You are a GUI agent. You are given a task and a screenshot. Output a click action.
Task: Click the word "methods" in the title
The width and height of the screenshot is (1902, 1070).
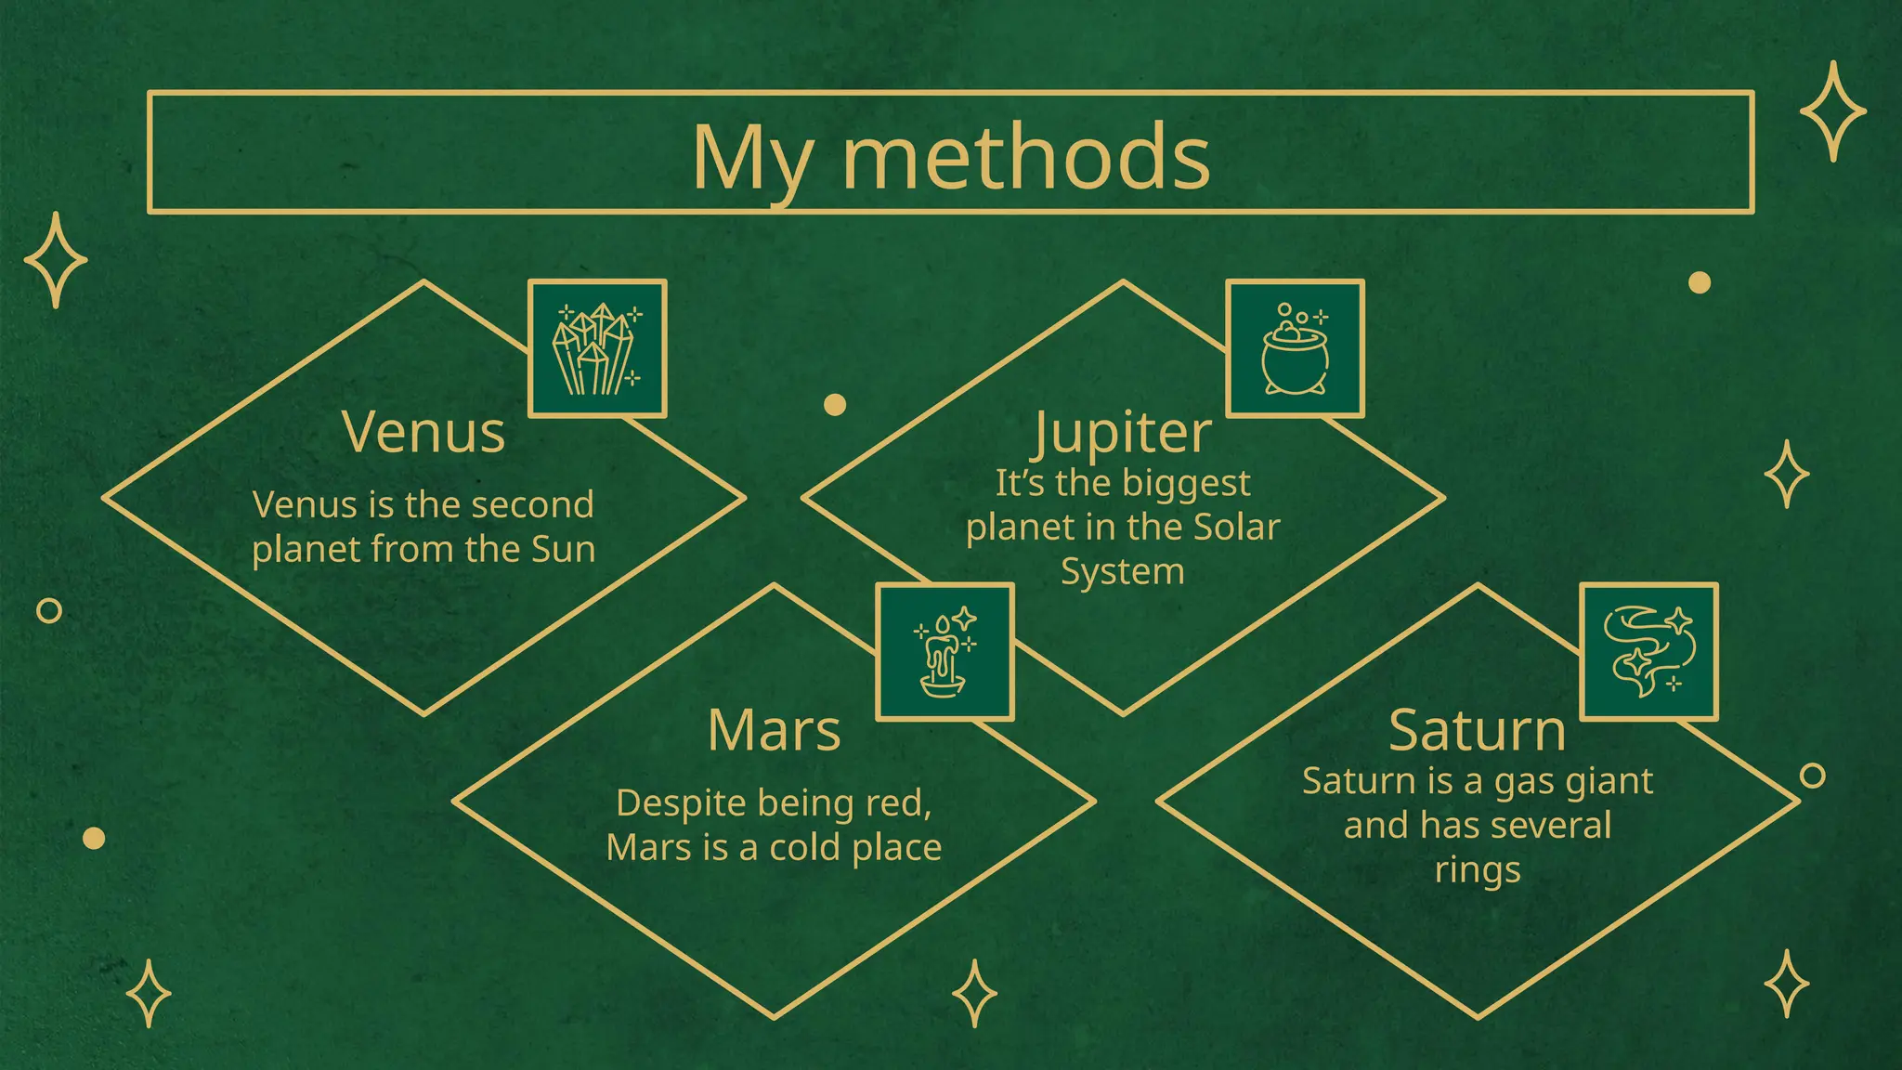click(x=1026, y=158)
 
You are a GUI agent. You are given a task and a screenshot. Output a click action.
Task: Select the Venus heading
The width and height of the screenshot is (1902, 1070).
click(x=423, y=432)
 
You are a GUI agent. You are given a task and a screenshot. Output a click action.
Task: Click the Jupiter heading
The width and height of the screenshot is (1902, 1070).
click(x=1123, y=432)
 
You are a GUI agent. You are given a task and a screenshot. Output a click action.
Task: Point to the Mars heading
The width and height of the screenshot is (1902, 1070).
click(x=774, y=730)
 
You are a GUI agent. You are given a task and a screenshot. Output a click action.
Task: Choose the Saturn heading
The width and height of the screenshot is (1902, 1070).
click(x=1477, y=730)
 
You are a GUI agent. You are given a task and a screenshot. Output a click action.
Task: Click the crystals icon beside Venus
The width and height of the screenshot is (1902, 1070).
click(x=597, y=348)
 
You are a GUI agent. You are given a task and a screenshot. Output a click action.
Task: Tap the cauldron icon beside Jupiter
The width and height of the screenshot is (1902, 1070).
click(x=1295, y=348)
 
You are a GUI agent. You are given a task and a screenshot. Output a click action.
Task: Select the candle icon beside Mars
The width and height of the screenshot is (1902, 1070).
click(x=944, y=652)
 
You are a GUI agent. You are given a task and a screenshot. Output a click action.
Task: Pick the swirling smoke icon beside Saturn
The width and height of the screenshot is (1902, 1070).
click(x=1648, y=651)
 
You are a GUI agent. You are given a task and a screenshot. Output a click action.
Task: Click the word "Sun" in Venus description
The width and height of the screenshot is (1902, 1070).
click(x=563, y=549)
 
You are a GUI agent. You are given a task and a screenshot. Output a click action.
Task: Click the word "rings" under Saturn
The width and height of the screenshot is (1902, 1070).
click(x=1478, y=870)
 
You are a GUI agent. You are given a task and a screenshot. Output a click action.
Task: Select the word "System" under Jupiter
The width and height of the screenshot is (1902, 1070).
click(x=1123, y=572)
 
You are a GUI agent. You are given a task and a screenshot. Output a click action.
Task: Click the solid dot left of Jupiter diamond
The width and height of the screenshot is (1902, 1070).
click(x=835, y=404)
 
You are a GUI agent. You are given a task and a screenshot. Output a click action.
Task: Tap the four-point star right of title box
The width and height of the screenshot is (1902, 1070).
click(x=1832, y=111)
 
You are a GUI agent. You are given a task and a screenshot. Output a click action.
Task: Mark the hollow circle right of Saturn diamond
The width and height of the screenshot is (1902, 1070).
click(x=1812, y=776)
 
